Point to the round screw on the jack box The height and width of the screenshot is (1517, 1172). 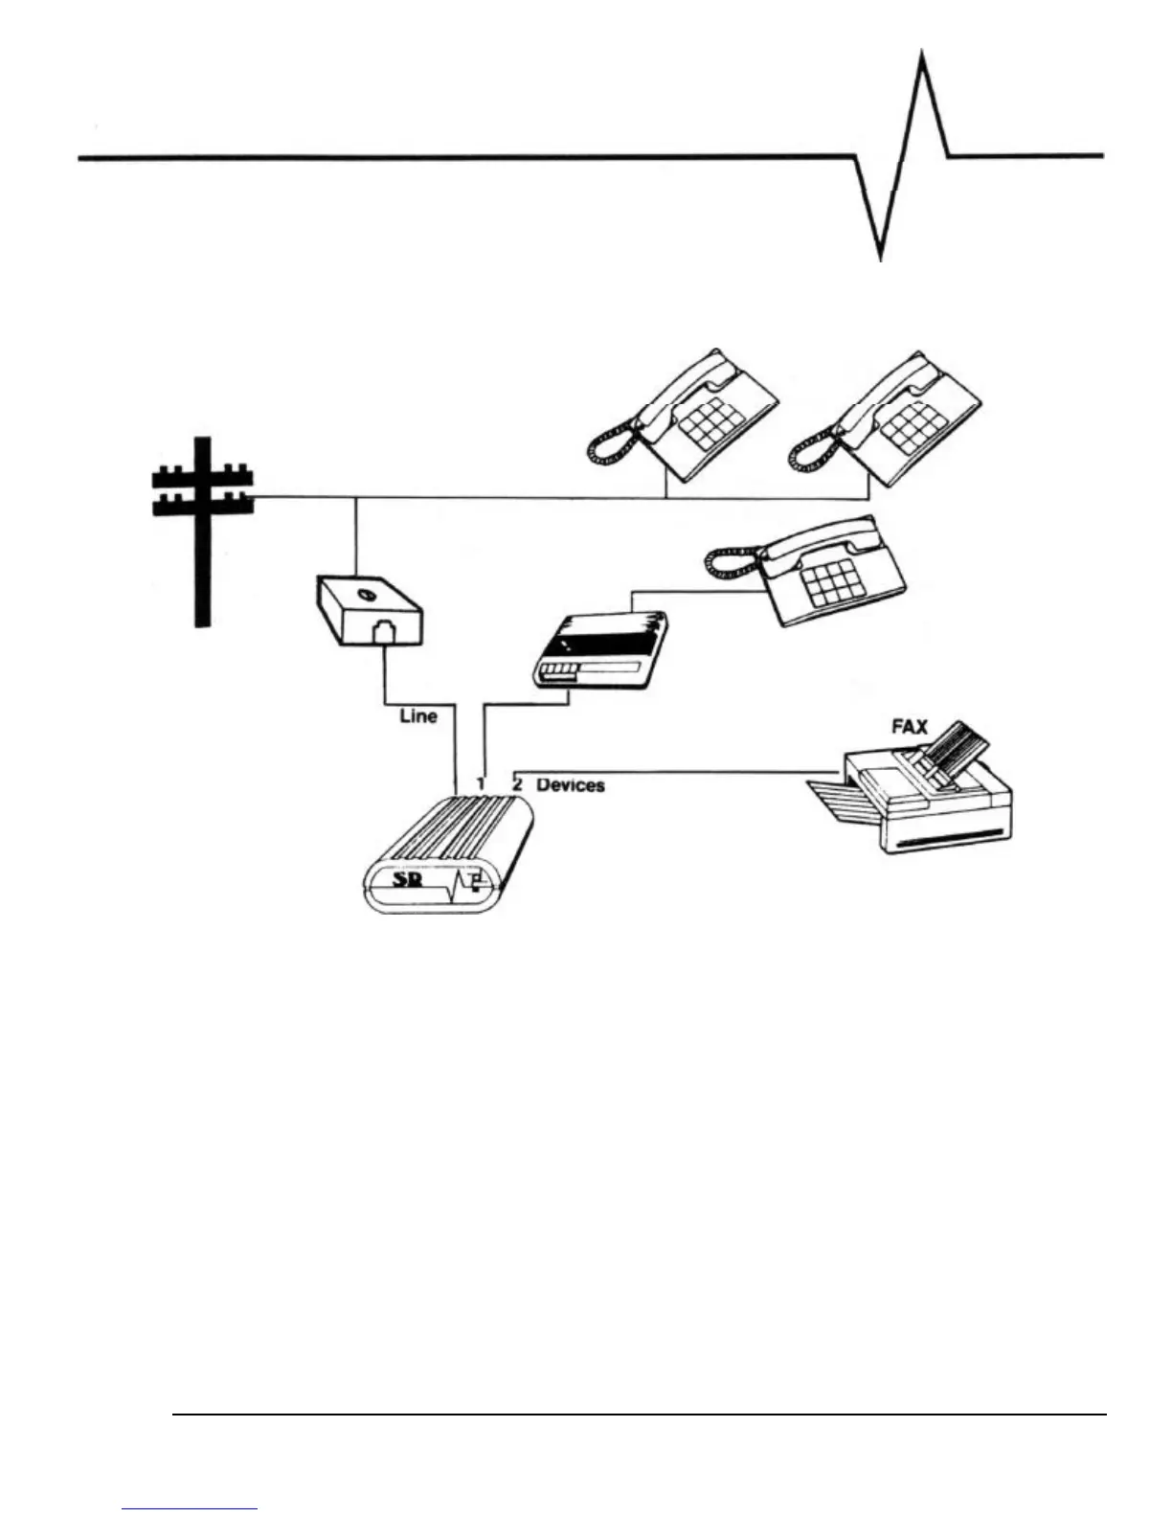coord(364,595)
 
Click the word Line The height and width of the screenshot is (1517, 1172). coord(418,715)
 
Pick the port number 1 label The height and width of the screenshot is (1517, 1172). coord(482,783)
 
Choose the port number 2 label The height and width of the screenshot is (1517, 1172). coord(517,783)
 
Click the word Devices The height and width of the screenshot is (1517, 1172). coord(571,784)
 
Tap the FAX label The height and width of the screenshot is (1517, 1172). coord(910,727)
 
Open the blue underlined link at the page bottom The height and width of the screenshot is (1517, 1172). coord(190,1509)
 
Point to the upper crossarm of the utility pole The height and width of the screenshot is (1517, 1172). coord(202,473)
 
